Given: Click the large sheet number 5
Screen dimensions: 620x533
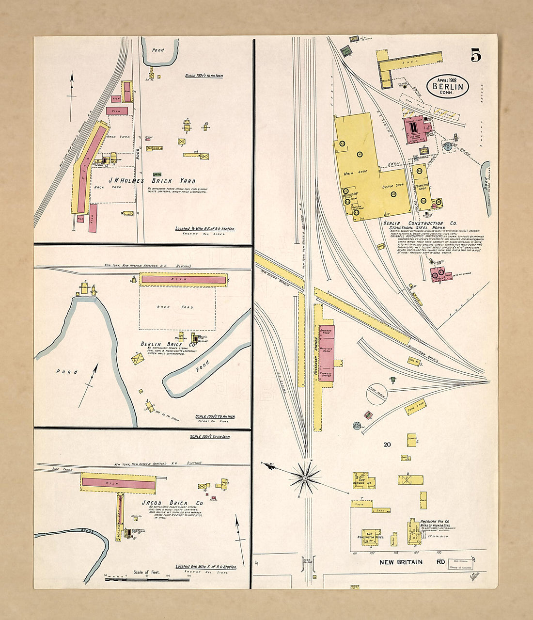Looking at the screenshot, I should [475, 56].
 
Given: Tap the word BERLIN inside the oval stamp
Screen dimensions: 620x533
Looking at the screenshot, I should [448, 87].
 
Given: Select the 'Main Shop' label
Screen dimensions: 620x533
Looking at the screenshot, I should [355, 172].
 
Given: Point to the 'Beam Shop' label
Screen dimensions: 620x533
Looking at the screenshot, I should [392, 185].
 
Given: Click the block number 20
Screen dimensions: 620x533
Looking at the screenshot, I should [387, 445].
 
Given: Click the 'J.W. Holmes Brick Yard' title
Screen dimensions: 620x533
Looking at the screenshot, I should [151, 180].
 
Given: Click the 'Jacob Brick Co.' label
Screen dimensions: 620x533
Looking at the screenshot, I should [172, 503].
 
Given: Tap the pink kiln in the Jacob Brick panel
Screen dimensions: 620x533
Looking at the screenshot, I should [118, 483].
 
